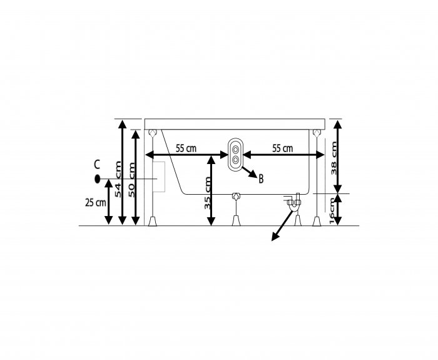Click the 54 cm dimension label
click(x=118, y=179)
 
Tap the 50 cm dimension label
click(x=131, y=180)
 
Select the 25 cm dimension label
click(x=96, y=202)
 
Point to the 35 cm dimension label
click(x=207, y=193)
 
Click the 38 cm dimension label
click(x=334, y=158)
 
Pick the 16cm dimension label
click(x=332, y=210)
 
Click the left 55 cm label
click(x=186, y=148)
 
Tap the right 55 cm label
click(x=283, y=148)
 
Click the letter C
click(x=96, y=165)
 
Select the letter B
click(x=261, y=179)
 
